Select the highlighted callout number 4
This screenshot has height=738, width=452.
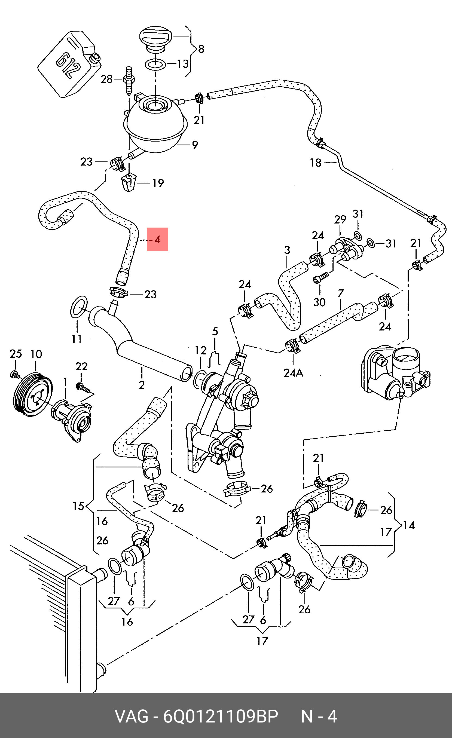pos(157,239)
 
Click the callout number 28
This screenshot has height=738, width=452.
pos(106,79)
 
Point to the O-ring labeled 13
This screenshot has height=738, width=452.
pos(155,64)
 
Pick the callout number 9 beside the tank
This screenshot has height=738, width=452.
pos(195,145)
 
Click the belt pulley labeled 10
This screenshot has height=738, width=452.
pos(33,394)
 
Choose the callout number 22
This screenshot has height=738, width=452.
pos(81,366)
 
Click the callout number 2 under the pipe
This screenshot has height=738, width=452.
pos(142,385)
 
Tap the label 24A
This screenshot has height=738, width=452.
pos(293,373)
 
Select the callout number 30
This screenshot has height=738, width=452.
pos(319,302)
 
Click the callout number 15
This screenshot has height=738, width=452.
pos(78,506)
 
